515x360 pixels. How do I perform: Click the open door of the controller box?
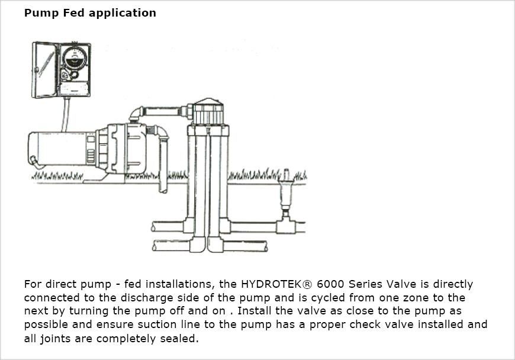(43, 69)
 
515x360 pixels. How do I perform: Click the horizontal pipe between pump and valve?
(163, 111)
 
